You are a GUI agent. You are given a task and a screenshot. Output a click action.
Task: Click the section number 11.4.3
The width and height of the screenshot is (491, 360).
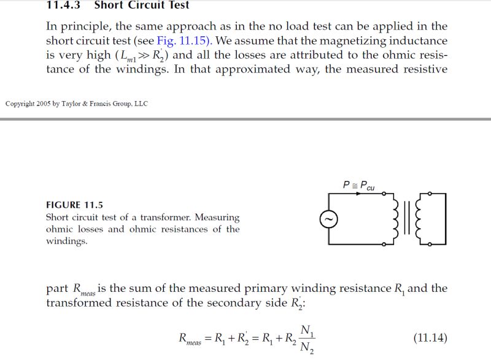pyautogui.click(x=65, y=6)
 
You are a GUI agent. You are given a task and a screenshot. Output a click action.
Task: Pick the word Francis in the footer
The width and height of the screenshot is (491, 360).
pyautogui.click(x=110, y=103)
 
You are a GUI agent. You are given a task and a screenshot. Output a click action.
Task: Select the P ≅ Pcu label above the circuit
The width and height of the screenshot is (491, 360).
pyautogui.click(x=360, y=185)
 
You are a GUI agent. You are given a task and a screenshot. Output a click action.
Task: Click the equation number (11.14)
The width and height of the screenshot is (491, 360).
pyautogui.click(x=430, y=338)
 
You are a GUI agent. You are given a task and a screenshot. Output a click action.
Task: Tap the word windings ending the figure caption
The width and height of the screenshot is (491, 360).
pyautogui.click(x=66, y=241)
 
